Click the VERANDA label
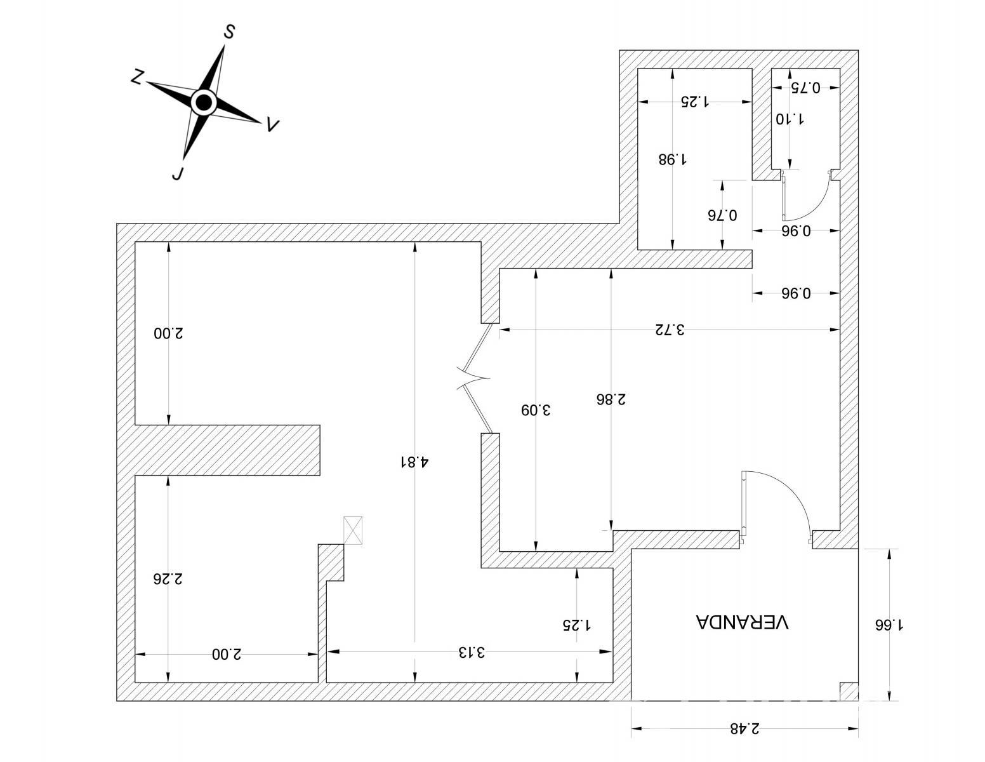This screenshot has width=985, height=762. click(741, 622)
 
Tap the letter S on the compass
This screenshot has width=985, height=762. click(229, 32)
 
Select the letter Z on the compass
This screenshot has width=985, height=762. click(137, 77)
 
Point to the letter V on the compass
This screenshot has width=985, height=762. click(272, 124)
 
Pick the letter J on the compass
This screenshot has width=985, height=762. click(178, 173)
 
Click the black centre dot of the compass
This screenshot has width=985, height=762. click(204, 102)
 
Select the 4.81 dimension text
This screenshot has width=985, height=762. click(414, 462)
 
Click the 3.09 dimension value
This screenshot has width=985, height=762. click(535, 410)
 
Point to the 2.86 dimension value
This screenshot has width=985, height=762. click(611, 399)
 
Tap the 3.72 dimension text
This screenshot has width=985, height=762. click(670, 330)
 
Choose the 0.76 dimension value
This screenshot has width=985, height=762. click(722, 215)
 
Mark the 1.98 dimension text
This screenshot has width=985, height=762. click(672, 159)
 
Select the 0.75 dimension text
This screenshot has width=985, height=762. click(805, 88)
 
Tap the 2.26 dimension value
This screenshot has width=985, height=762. click(168, 579)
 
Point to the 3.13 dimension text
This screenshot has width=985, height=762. click(472, 652)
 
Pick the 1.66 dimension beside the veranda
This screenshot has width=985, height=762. click(889, 625)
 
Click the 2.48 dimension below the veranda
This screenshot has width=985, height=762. click(744, 728)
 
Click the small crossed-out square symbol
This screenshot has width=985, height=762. click(353, 530)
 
